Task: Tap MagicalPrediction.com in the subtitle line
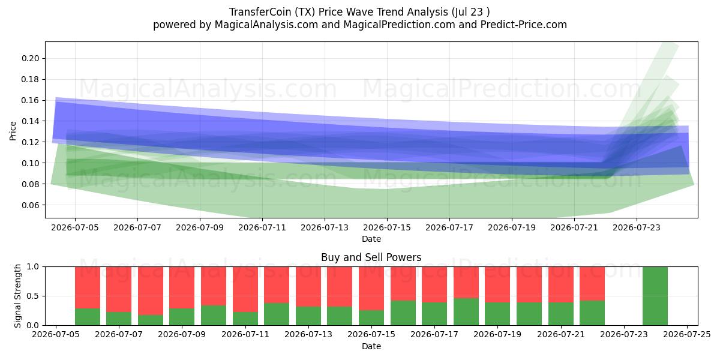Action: [399, 25]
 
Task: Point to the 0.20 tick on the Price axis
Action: [30, 59]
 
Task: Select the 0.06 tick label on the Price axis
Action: [30, 205]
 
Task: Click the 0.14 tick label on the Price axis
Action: [30, 121]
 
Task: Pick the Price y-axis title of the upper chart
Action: [13, 131]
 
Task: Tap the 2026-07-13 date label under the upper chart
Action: [325, 227]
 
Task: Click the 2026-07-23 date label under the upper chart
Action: [637, 227]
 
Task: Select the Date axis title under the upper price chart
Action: [371, 239]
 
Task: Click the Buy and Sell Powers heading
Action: [371, 257]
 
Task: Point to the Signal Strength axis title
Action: [17, 296]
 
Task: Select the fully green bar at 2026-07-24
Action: [655, 296]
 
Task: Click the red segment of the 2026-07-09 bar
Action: [182, 287]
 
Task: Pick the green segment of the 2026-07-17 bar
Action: [434, 314]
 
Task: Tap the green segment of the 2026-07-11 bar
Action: [245, 319]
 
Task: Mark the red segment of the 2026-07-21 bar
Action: [561, 284]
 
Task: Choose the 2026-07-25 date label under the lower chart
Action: [687, 335]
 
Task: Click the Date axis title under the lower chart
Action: [371, 346]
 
